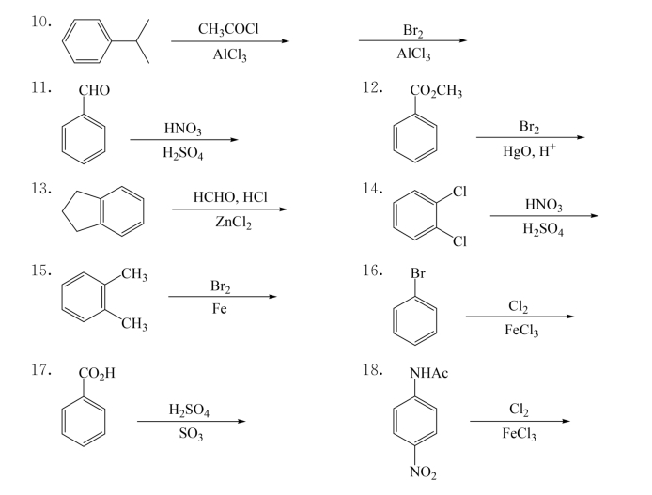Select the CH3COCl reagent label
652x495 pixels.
(x=229, y=30)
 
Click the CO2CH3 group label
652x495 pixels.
(x=436, y=92)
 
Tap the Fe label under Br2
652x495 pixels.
(x=222, y=309)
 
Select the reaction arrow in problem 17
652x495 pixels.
(x=192, y=422)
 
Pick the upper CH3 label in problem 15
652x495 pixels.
(x=134, y=274)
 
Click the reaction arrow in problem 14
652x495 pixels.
(x=543, y=216)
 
